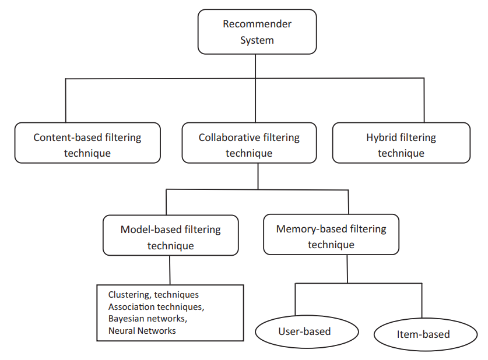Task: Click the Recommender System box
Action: (257, 31)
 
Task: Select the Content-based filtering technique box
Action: (87, 143)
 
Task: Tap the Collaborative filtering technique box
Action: (249, 143)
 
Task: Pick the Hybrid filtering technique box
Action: (401, 143)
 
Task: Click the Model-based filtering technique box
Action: (170, 235)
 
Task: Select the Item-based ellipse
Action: (423, 334)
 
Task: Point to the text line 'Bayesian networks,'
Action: (148, 319)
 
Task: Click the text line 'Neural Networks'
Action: (142, 330)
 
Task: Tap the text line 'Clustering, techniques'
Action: (153, 295)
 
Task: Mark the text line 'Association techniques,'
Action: (156, 306)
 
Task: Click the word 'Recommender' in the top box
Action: (257, 24)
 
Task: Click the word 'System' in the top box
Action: (257, 40)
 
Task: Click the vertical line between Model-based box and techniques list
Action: (170, 270)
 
